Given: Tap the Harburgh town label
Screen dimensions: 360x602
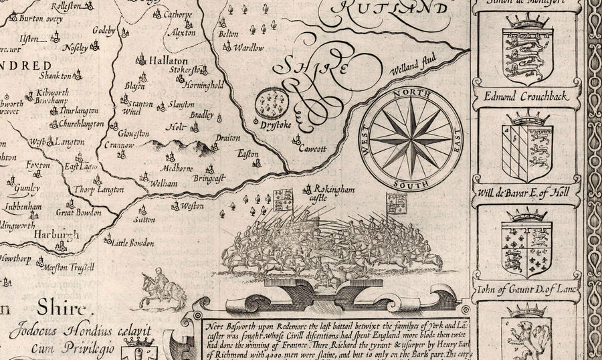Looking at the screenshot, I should point(56,236).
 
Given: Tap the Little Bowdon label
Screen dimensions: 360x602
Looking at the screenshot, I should point(130,243).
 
